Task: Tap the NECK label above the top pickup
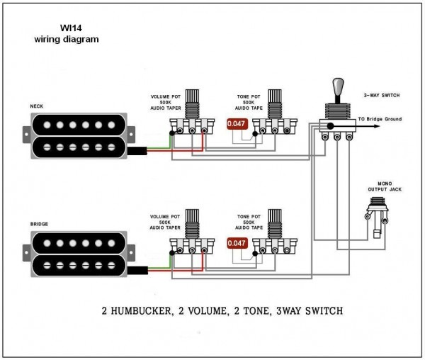pyautogui.click(x=36, y=106)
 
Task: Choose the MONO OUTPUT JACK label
pyautogui.click(x=380, y=186)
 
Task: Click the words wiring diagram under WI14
pyautogui.click(x=66, y=40)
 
